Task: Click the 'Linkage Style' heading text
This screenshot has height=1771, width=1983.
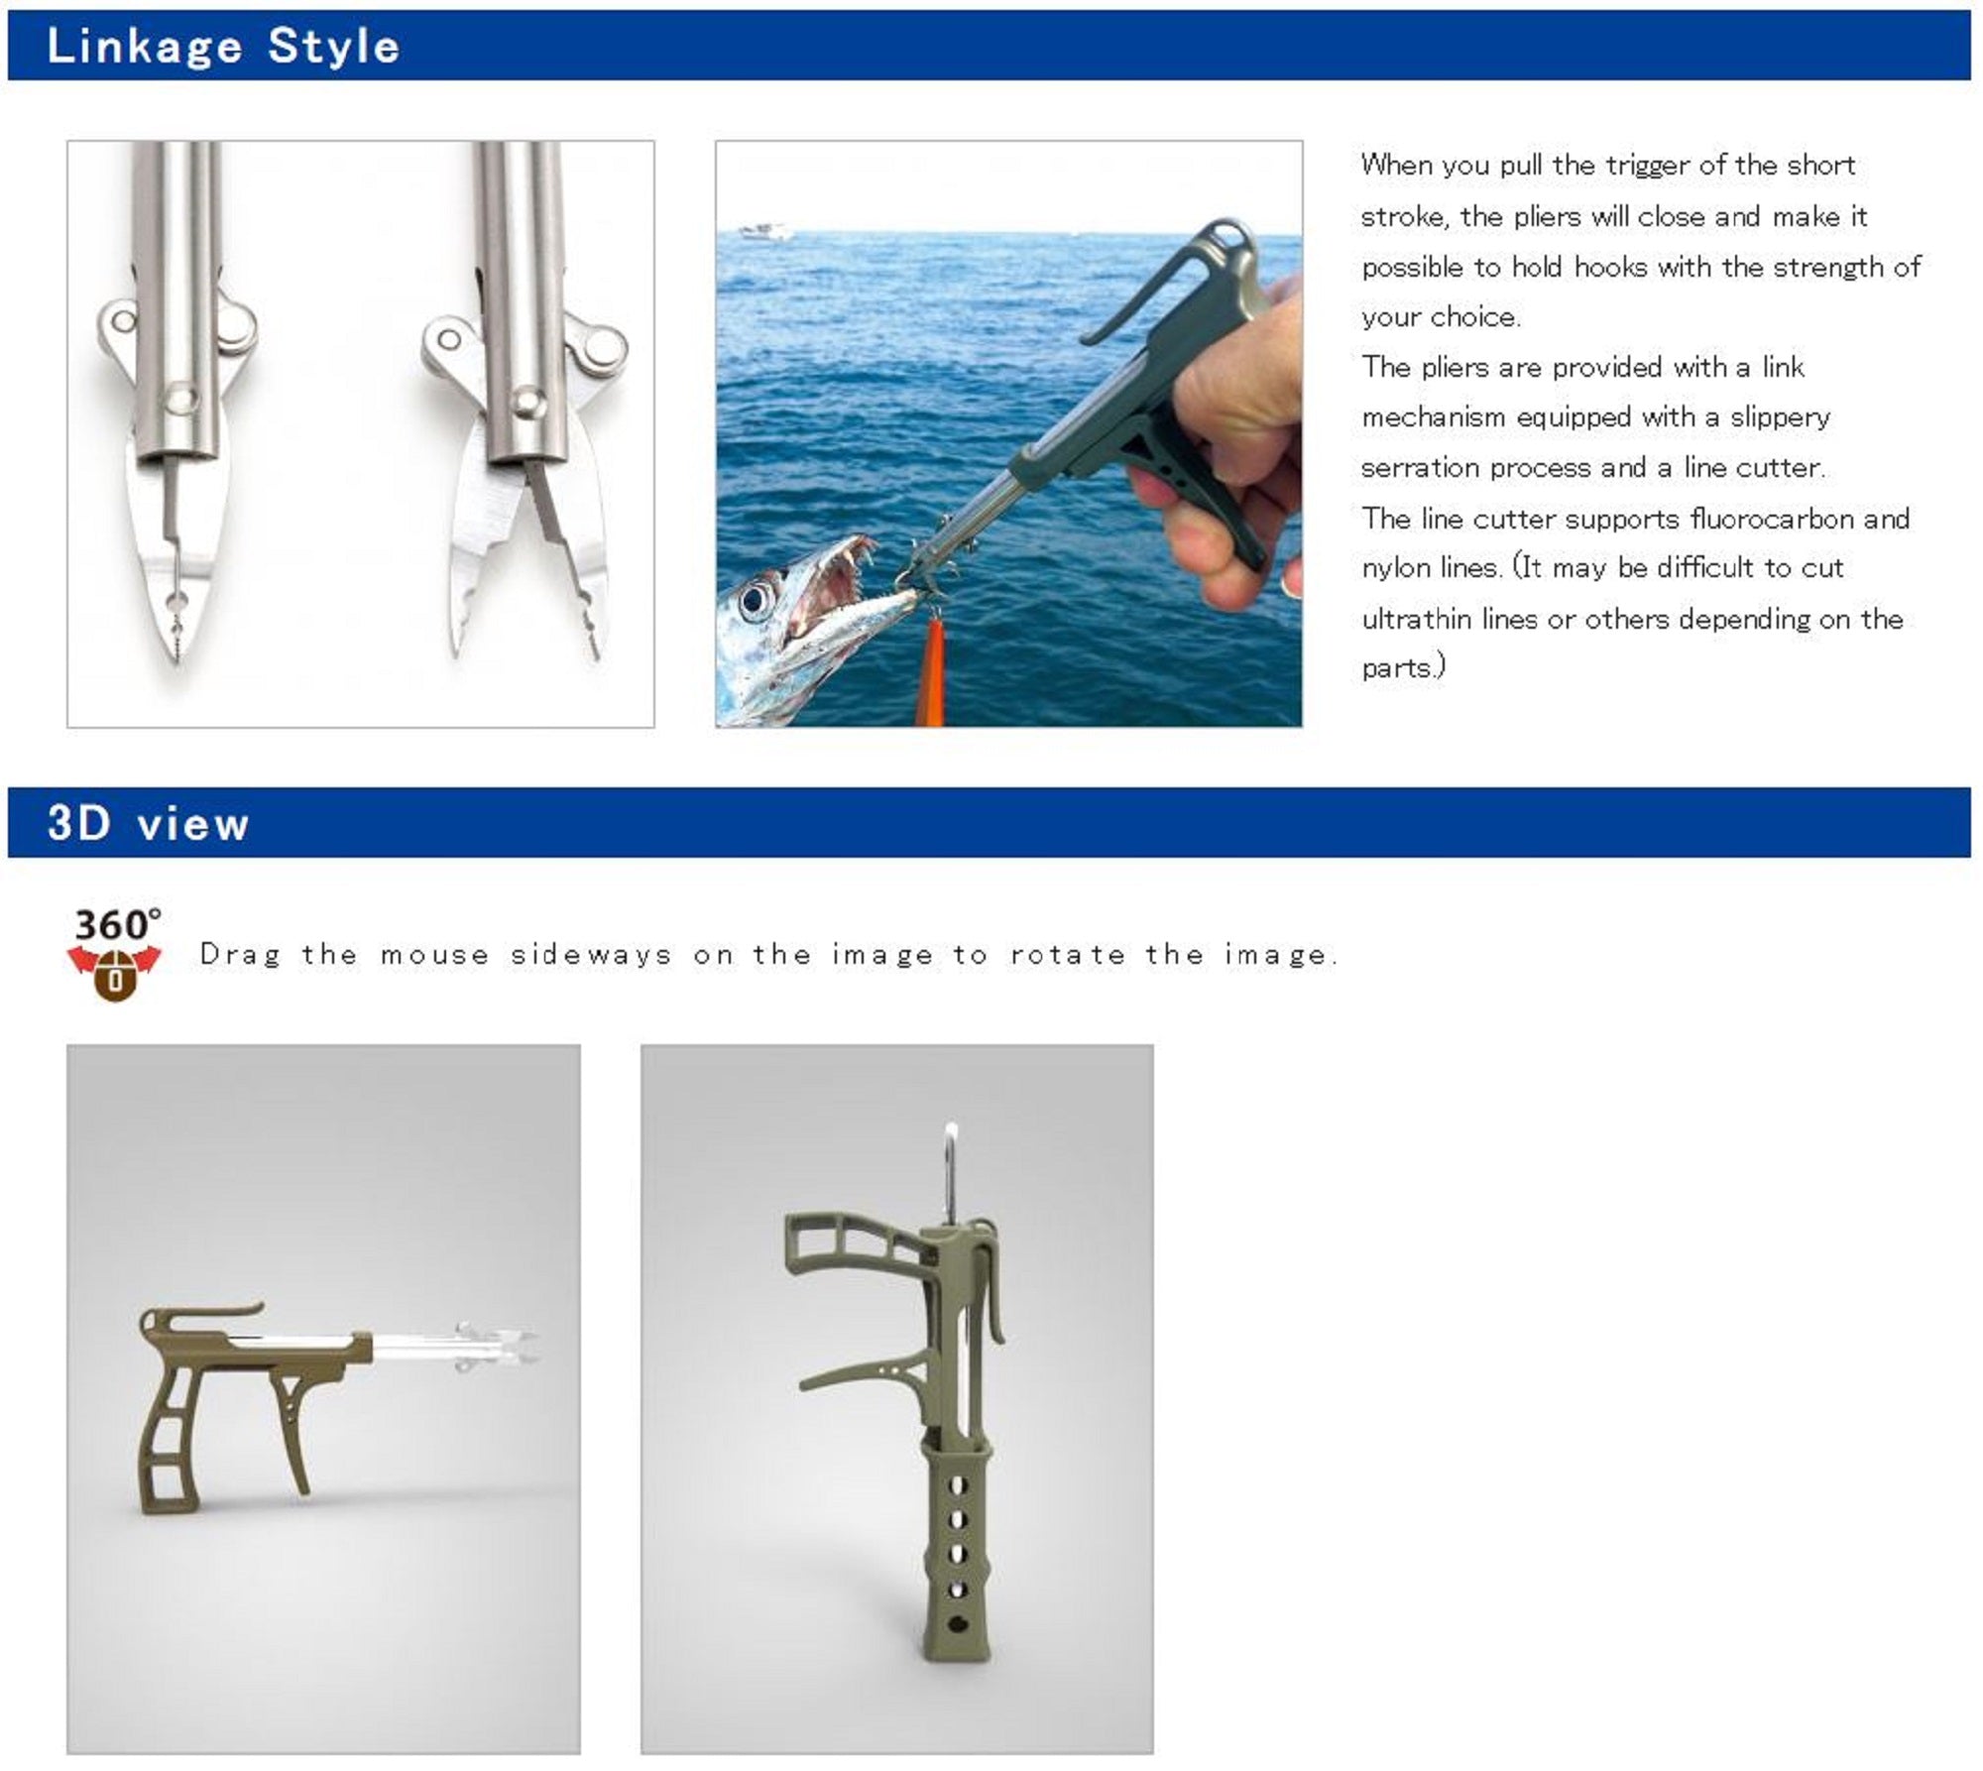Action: click(x=223, y=47)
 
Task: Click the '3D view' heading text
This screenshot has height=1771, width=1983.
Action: click(x=148, y=823)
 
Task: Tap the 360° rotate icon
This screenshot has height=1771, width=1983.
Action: click(x=115, y=953)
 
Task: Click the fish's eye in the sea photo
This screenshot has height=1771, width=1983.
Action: click(x=756, y=599)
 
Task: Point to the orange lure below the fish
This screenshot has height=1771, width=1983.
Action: click(x=931, y=670)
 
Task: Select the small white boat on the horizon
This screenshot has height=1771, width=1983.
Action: click(x=766, y=231)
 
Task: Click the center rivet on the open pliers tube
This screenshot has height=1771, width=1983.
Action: click(x=526, y=401)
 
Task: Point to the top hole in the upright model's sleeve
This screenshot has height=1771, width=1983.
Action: click(x=958, y=1485)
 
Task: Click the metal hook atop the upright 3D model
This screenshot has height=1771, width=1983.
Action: click(x=950, y=1175)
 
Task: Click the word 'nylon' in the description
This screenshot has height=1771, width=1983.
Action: click(x=1397, y=569)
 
